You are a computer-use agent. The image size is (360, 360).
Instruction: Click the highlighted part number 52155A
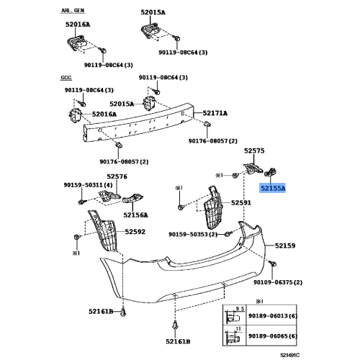pyautogui.click(x=273, y=188)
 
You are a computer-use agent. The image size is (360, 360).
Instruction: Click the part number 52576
pyautogui.click(x=117, y=176)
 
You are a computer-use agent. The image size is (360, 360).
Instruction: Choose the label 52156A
pyautogui.click(x=135, y=215)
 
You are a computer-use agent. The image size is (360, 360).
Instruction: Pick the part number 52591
pyautogui.click(x=241, y=204)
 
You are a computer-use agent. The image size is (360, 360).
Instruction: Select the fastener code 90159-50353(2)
pyautogui.click(x=193, y=235)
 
